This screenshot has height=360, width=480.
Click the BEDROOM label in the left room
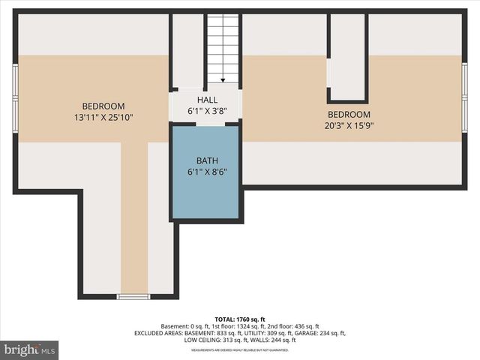point(103,106)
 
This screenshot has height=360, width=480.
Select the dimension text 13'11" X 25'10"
point(103,117)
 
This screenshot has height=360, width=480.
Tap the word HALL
point(207,100)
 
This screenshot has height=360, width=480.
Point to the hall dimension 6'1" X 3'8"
point(207,110)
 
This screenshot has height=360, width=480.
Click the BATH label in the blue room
point(207,160)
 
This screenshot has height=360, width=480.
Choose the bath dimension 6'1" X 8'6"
point(207,171)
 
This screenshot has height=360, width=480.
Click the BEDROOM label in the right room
point(348,115)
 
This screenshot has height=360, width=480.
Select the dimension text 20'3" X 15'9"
point(348,125)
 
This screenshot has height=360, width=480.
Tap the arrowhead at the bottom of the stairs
point(223,79)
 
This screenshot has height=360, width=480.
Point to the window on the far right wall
point(465,97)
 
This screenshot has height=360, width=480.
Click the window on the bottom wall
point(133,297)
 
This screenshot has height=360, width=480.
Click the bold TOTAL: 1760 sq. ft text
point(240,319)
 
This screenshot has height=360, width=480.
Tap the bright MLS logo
point(30,349)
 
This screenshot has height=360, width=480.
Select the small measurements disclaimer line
point(240,350)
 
